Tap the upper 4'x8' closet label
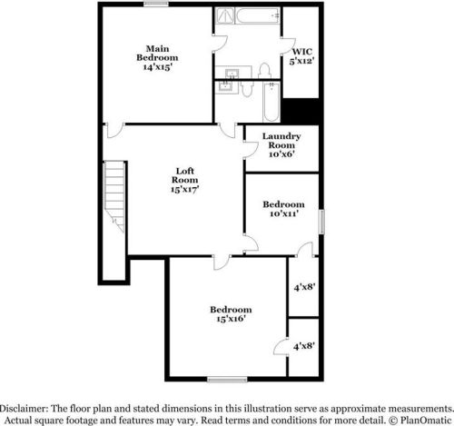pos(303,286)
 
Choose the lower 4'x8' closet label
pos(303,346)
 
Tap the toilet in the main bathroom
pos(265,72)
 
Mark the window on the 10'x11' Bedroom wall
pos(321,223)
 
